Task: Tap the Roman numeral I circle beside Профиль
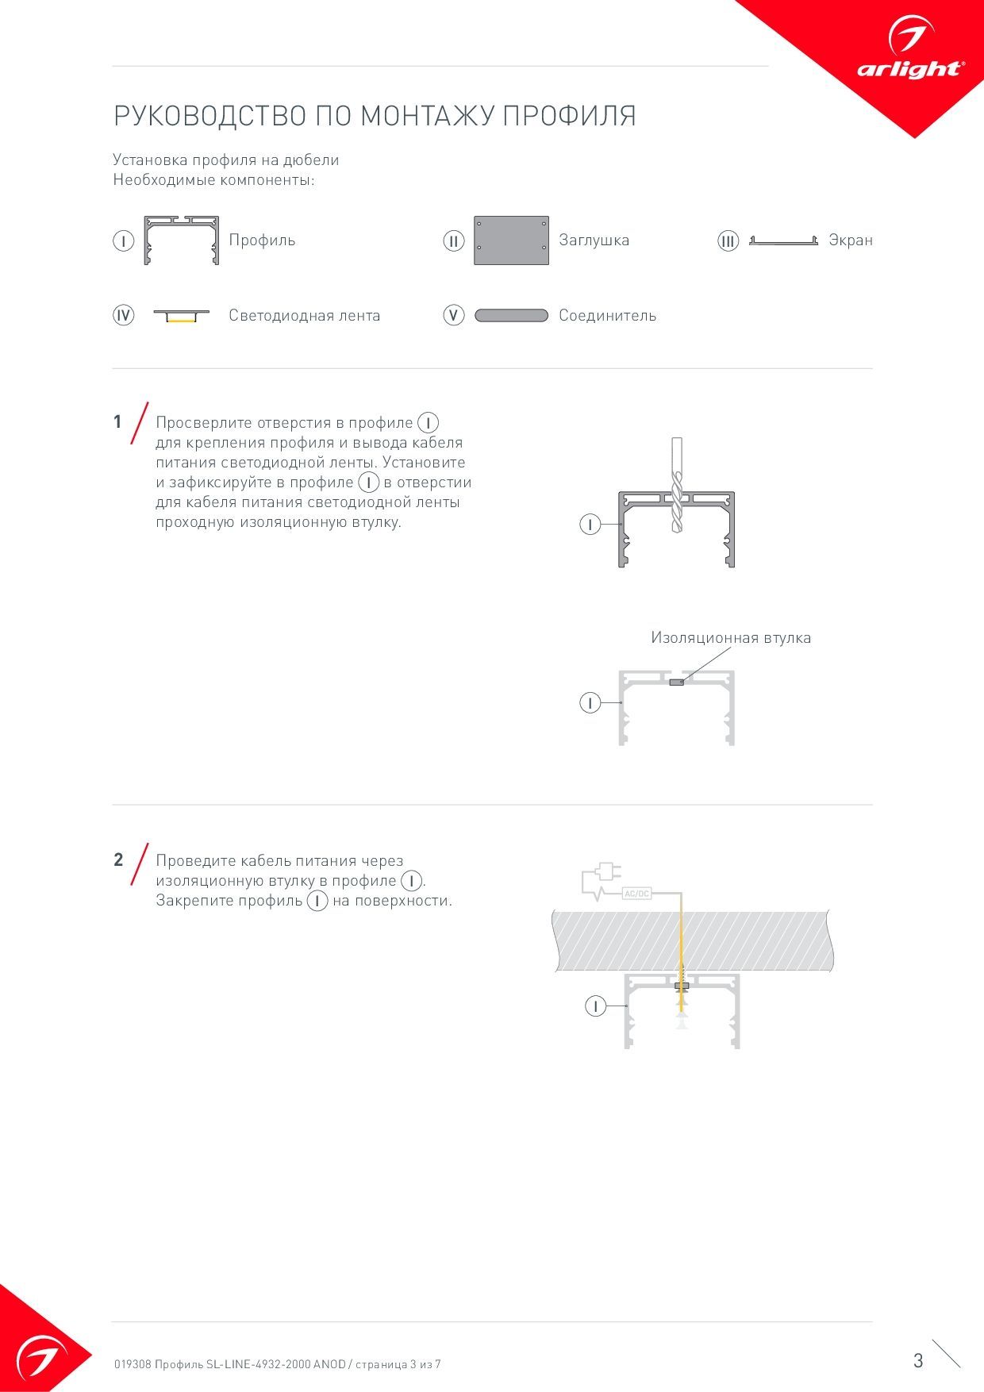pyautogui.click(x=123, y=240)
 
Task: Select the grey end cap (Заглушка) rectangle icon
pyautogui.click(x=511, y=240)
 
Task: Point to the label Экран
pyautogui.click(x=851, y=240)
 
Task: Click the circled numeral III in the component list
pyautogui.click(x=728, y=241)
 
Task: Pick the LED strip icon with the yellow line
pyautogui.click(x=181, y=316)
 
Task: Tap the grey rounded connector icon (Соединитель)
pyautogui.click(x=511, y=316)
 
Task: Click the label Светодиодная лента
pyautogui.click(x=305, y=316)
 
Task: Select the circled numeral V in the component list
pyautogui.click(x=453, y=316)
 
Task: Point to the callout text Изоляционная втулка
pyautogui.click(x=731, y=637)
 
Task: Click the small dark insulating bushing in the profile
pyautogui.click(x=677, y=682)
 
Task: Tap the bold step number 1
pyautogui.click(x=117, y=422)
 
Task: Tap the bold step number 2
pyautogui.click(x=118, y=860)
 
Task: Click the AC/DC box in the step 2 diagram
pyautogui.click(x=636, y=894)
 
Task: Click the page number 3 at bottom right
pyautogui.click(x=918, y=1361)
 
